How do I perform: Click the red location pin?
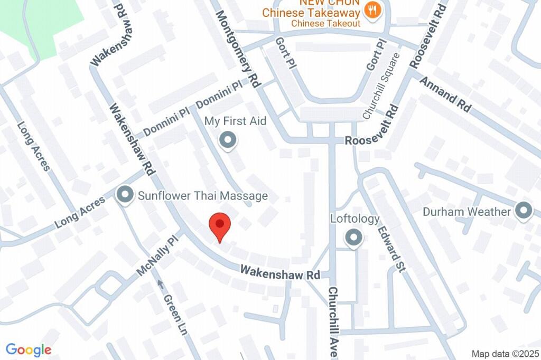tap(220, 226)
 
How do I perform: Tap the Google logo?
tap(29, 349)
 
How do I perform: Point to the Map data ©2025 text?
tap(505, 353)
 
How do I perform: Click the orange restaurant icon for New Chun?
tap(372, 11)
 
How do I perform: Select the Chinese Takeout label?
tap(325, 23)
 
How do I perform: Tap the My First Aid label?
tap(235, 121)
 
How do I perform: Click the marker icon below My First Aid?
tap(228, 140)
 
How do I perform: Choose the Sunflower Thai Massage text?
tap(203, 196)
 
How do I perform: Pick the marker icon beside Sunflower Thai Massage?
tap(125, 195)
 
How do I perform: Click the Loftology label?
tap(355, 218)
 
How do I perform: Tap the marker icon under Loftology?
tap(353, 238)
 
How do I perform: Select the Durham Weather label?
tap(467, 212)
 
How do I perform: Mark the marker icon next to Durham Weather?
tap(524, 211)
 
